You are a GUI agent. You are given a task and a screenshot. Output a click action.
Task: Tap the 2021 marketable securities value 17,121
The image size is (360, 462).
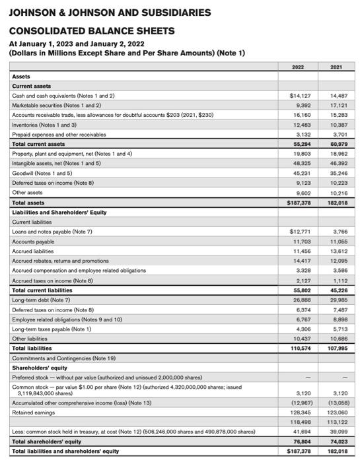click(338, 105)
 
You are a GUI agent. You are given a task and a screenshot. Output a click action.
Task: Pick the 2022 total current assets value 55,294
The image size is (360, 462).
click(302, 144)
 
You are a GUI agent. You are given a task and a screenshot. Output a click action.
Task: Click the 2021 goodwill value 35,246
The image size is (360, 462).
click(338, 173)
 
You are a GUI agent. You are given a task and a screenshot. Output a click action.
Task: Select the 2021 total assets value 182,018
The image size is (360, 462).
click(337, 203)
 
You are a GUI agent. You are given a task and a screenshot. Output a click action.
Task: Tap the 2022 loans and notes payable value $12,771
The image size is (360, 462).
click(301, 232)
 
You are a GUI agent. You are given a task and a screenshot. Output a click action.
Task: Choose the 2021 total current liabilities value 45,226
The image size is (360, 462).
click(338, 290)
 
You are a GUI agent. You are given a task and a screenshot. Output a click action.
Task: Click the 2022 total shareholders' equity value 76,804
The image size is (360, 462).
click(302, 442)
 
